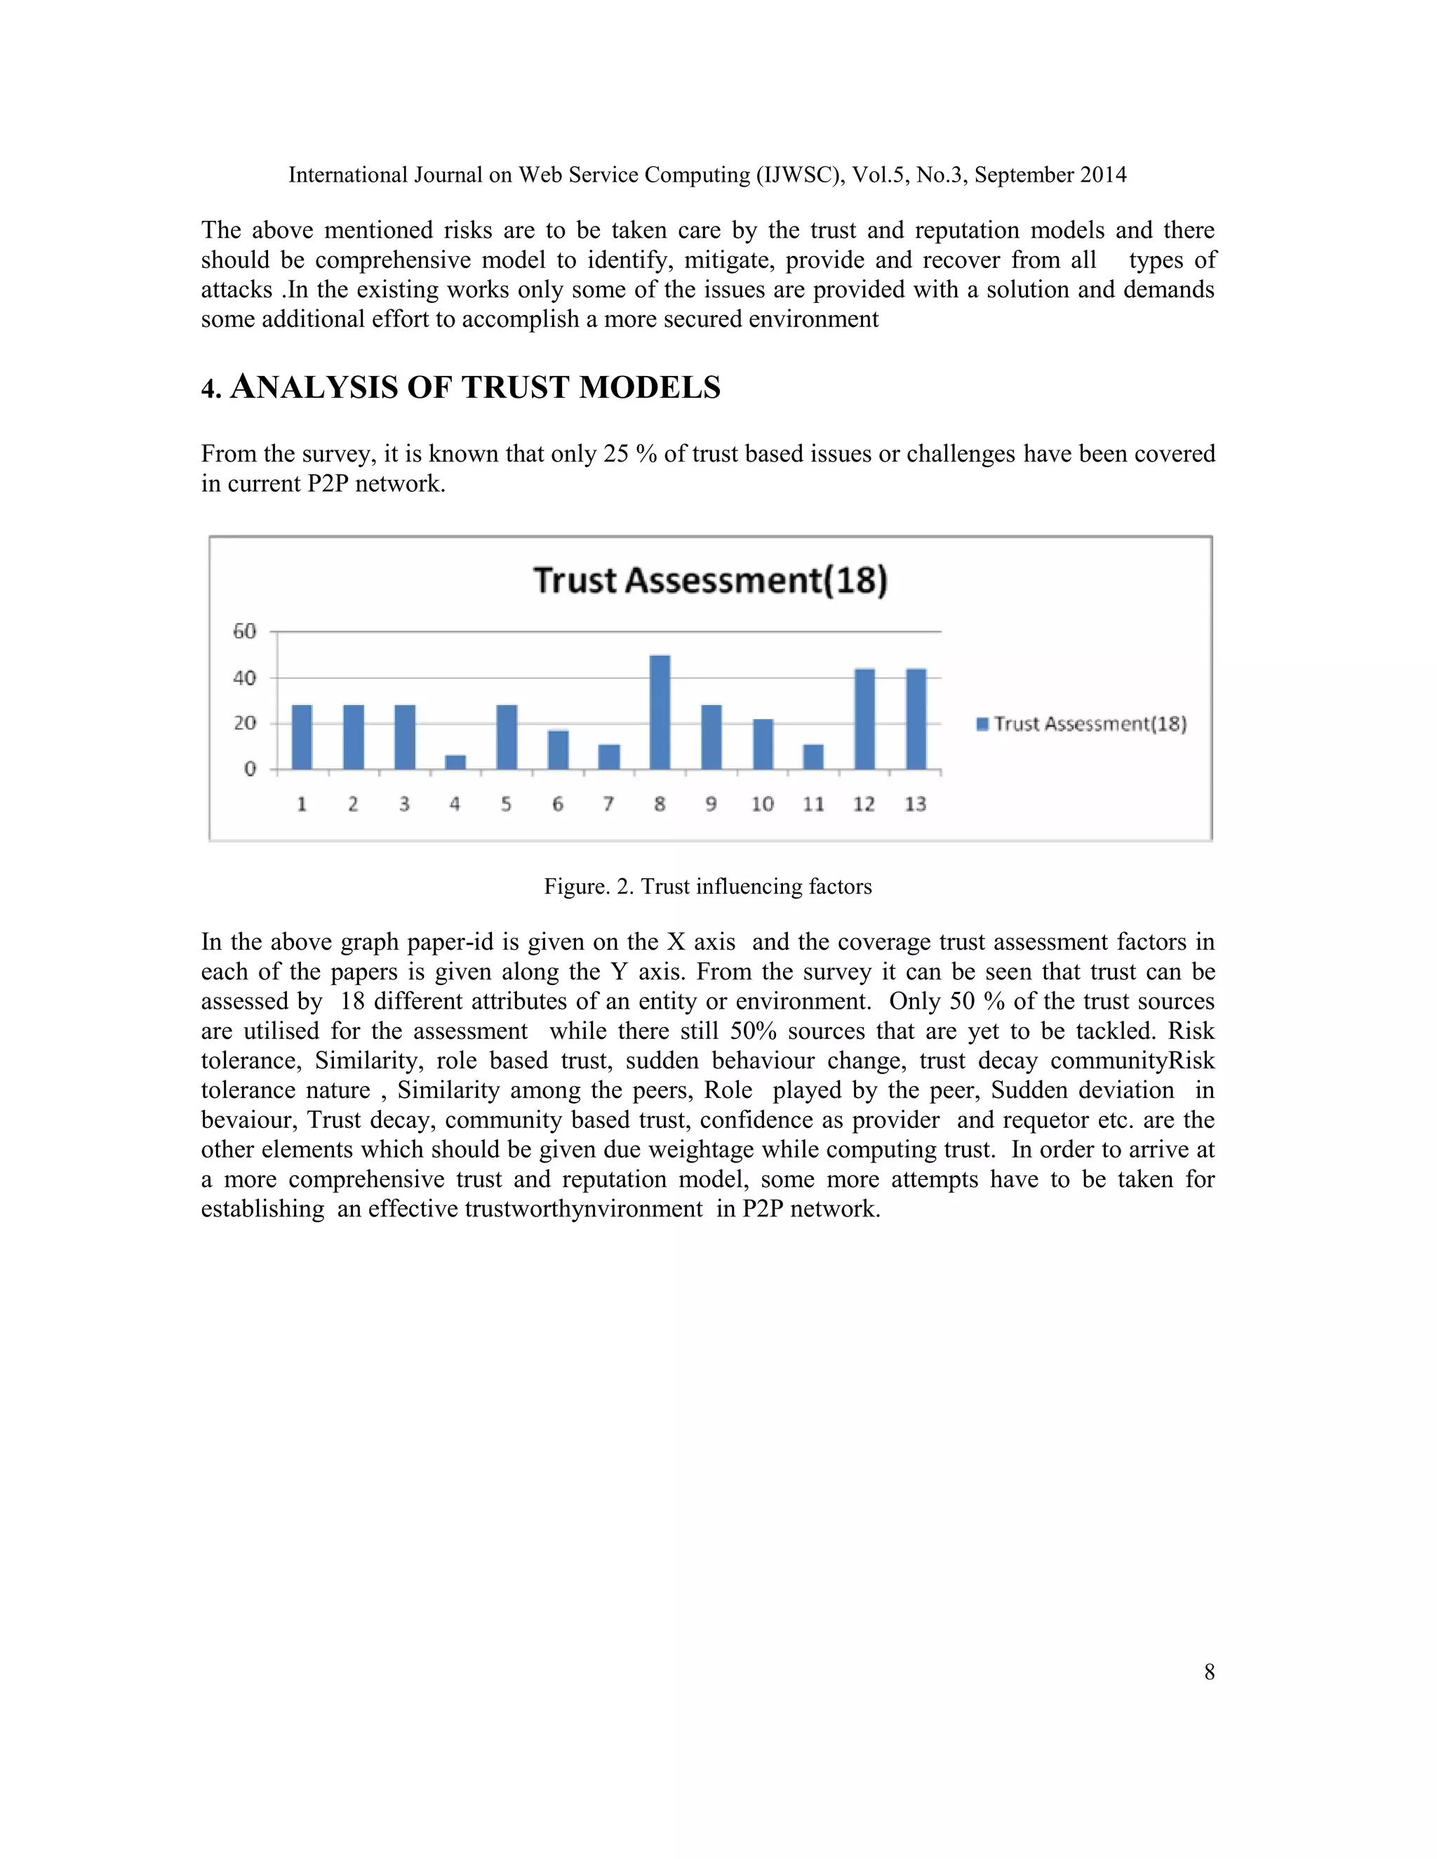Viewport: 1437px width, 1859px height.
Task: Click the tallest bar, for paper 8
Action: pos(660,713)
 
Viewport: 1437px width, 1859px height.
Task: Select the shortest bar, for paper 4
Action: pos(455,762)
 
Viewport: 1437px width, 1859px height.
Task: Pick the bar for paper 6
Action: pos(558,750)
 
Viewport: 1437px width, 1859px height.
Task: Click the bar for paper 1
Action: pos(302,737)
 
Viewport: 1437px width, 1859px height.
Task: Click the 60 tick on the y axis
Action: pos(244,631)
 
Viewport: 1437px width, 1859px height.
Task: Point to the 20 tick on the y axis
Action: pos(244,723)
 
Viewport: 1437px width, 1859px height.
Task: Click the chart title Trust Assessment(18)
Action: pos(710,581)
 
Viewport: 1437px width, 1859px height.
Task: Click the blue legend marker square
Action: pos(982,723)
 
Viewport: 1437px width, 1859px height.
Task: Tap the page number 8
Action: pos(1209,1672)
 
